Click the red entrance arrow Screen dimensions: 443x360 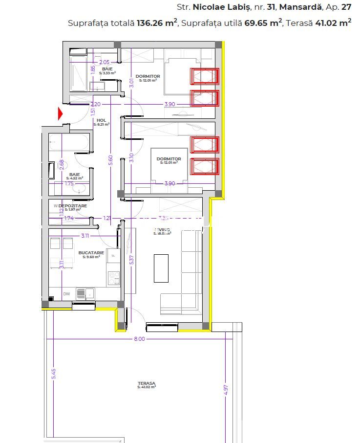point(61,113)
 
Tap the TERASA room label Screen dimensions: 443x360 point(147,384)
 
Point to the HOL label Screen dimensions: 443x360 point(102,120)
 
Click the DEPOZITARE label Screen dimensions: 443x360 point(73,206)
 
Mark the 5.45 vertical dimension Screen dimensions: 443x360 point(54,373)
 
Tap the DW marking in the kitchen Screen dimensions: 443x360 point(66,294)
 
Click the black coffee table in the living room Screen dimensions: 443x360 point(161,268)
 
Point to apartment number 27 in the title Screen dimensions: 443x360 point(346,7)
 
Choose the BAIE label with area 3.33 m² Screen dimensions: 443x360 point(107,69)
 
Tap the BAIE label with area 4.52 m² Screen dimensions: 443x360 point(75,175)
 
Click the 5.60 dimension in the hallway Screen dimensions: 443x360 point(110,160)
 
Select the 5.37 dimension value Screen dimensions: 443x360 point(131,260)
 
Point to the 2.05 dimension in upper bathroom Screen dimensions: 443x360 point(104,62)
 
